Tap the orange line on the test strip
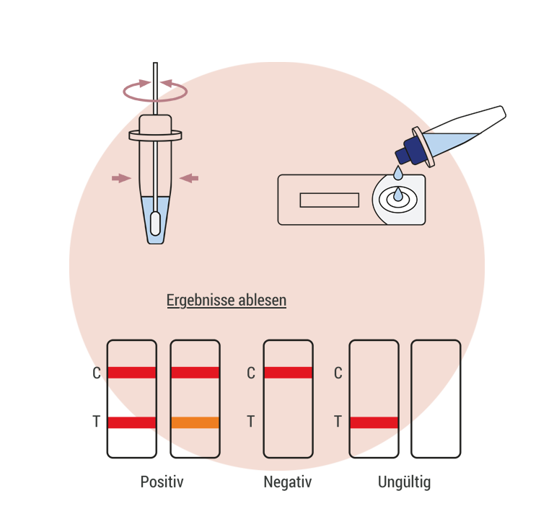pos(195,423)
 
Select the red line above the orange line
pos(195,373)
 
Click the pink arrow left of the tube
pos(120,178)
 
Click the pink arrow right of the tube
pos(189,178)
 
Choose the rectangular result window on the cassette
pos(329,200)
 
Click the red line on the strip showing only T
pos(374,422)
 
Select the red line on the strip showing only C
pos(288,373)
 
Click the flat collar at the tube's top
pos(155,134)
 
